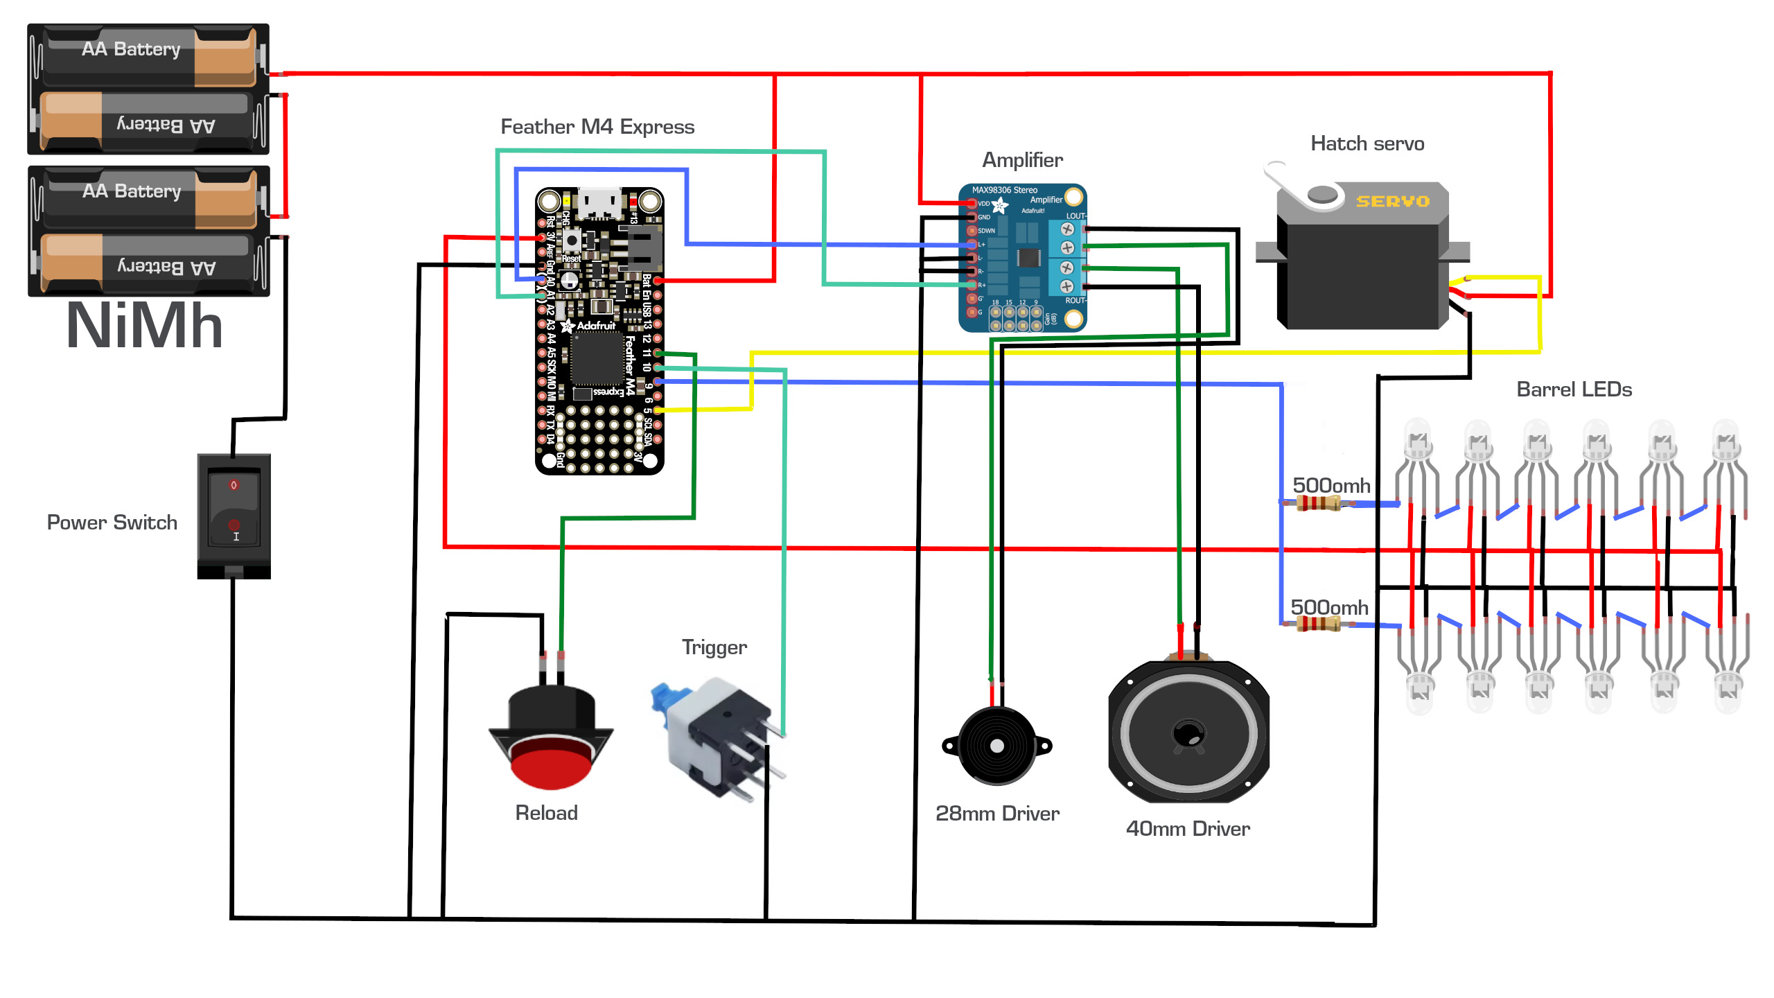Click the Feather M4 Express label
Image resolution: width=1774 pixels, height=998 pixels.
point(597,127)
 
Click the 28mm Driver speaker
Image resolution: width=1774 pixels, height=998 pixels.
point(996,746)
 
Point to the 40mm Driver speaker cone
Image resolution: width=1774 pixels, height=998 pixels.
point(1188,733)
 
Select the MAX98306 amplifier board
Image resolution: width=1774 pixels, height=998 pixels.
point(1023,258)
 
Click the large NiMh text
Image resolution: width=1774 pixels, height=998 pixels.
point(145,326)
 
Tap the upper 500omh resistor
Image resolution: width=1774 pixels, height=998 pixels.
point(1317,503)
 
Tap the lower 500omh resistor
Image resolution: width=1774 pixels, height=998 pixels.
point(1317,624)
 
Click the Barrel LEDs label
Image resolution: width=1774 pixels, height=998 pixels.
point(1574,389)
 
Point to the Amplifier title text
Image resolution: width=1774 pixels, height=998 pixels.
point(1022,160)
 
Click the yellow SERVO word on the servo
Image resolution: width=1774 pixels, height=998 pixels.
point(1393,201)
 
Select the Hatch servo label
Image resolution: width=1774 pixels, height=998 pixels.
point(1367,143)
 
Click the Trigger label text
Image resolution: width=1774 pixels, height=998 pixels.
point(714,647)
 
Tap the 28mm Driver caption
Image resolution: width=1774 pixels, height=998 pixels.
point(997,814)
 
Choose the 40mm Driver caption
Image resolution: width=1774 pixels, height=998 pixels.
point(1188,829)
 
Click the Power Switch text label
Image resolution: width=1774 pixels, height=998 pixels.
point(112,523)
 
